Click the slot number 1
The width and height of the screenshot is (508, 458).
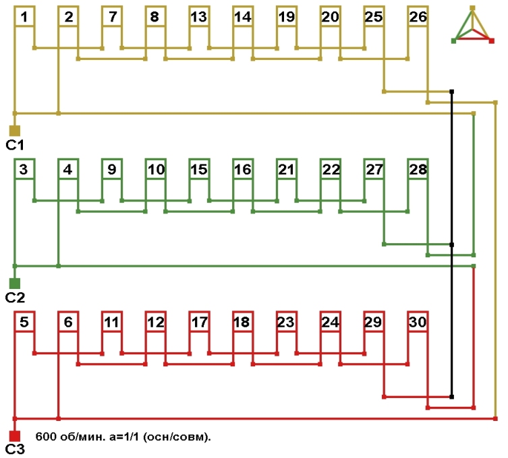tap(24, 18)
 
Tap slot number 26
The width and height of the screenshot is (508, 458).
tap(418, 18)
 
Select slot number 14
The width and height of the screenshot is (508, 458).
tap(242, 18)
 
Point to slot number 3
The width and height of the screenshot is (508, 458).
tap(24, 170)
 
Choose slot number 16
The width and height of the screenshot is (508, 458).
tap(242, 170)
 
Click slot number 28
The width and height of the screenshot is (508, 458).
tap(418, 170)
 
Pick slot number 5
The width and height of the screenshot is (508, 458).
tap(24, 323)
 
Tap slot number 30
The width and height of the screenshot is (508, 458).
tap(418, 323)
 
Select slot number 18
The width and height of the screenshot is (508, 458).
tap(242, 323)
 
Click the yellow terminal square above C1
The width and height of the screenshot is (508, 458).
tap(14, 130)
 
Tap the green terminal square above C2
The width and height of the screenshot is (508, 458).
tap(14, 283)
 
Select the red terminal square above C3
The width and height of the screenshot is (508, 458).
tap(14, 436)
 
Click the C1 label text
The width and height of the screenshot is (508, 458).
tap(15, 144)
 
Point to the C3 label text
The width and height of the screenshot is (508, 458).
tap(15, 449)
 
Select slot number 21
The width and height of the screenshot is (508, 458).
tap(286, 170)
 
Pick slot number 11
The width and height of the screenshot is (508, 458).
tap(111, 323)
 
